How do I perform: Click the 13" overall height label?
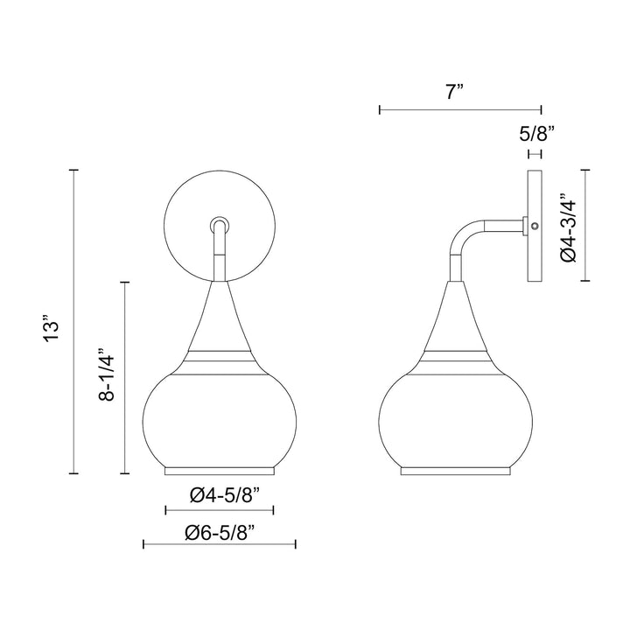[53, 326]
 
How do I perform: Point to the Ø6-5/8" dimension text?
[219, 530]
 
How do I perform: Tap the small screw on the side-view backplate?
[534, 227]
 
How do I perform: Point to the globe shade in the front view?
[220, 416]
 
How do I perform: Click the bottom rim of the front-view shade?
[220, 471]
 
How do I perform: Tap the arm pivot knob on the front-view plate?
[220, 223]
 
